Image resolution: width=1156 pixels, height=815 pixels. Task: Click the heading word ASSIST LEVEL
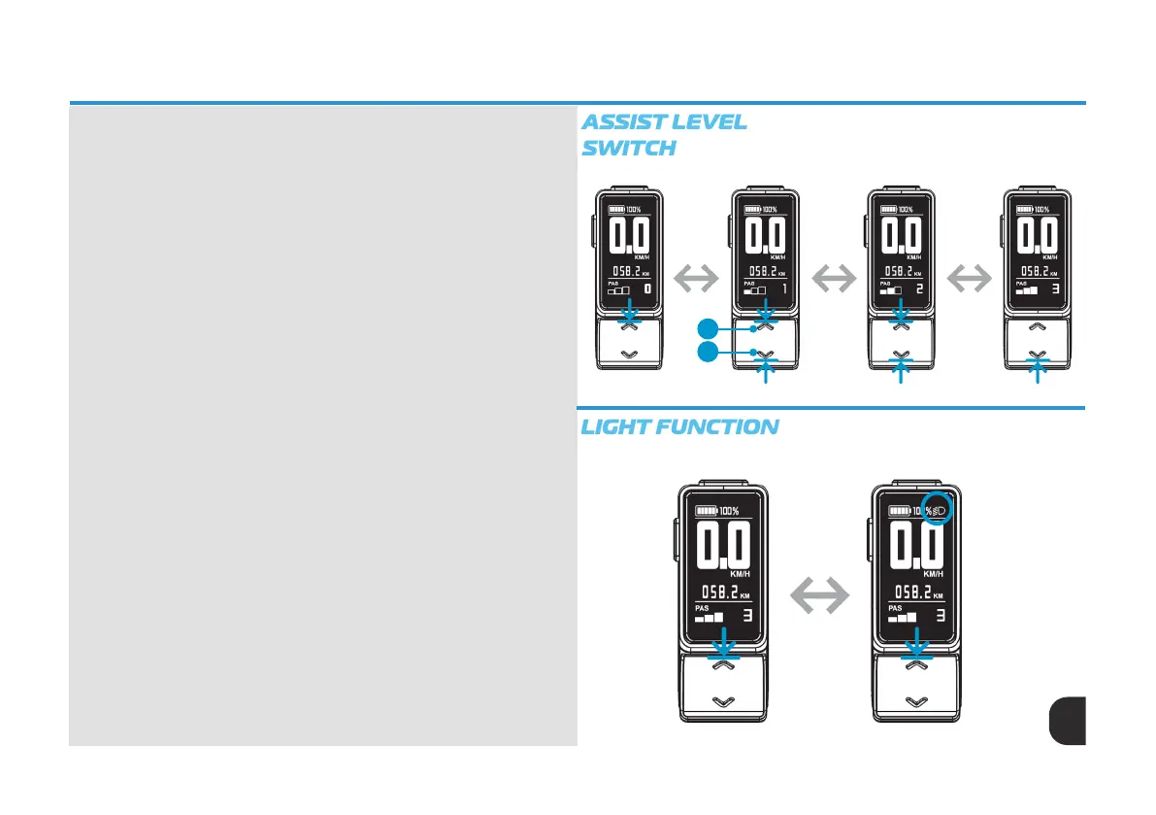[664, 122]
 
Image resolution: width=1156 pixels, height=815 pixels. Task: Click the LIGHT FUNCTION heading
[679, 426]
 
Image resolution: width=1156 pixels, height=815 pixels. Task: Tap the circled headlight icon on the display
[938, 509]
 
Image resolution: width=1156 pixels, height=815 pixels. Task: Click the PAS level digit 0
[646, 289]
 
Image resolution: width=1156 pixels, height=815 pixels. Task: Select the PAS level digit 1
[782, 289]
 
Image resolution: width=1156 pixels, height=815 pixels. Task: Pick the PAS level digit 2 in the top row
[918, 289]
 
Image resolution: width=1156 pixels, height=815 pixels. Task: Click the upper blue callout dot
[709, 326]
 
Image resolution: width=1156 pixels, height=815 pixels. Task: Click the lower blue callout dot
[709, 352]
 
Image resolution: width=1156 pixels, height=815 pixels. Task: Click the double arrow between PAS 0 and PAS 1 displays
[697, 280]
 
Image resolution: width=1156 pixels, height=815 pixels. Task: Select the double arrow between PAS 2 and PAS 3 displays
[969, 280]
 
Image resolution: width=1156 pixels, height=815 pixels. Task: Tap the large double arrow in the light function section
[817, 593]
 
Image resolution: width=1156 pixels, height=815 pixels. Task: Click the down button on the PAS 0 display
[630, 355]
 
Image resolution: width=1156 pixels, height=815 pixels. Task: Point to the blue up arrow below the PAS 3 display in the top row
[1039, 371]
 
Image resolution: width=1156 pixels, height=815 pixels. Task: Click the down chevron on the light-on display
[913, 700]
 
